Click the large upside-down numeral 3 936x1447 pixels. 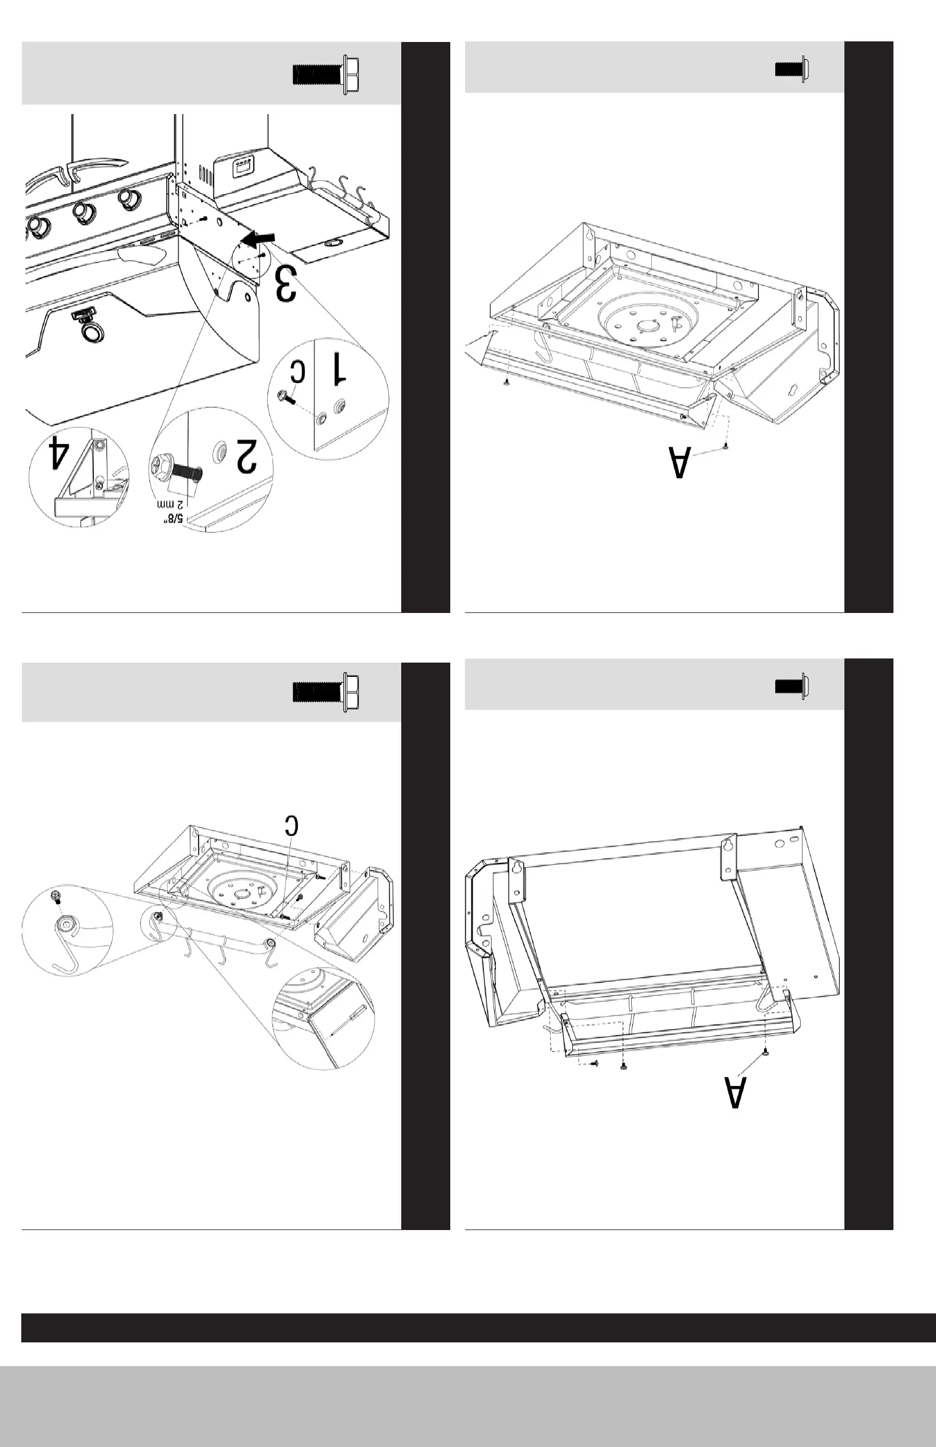pos(286,283)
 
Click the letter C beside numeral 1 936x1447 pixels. pos(298,371)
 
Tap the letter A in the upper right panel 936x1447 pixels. pos(680,463)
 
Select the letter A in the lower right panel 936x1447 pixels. pos(735,1092)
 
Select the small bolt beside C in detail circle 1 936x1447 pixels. pos(285,398)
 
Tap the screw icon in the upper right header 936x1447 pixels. pos(791,69)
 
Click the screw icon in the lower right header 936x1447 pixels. pos(791,686)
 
